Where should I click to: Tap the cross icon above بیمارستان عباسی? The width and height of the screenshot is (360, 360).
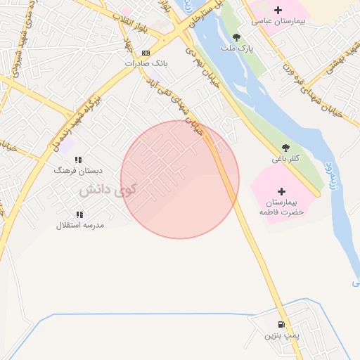pyautogui.click(x=278, y=10)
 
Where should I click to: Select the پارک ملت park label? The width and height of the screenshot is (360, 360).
pyautogui.click(x=236, y=49)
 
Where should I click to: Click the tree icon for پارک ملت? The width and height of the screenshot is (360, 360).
pyautogui.click(x=236, y=37)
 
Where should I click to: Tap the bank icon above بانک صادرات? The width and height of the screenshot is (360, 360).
pyautogui.click(x=146, y=53)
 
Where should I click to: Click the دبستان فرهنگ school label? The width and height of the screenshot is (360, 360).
pyautogui.click(x=79, y=170)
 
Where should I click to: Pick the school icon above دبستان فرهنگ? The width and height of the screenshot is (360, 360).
pyautogui.click(x=79, y=160)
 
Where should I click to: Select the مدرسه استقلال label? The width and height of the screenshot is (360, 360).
pyautogui.click(x=80, y=225)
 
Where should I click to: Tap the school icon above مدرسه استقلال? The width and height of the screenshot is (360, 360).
pyautogui.click(x=79, y=214)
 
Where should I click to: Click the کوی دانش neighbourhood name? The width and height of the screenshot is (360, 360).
pyautogui.click(x=106, y=191)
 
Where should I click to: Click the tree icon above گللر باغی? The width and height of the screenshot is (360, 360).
pyautogui.click(x=285, y=148)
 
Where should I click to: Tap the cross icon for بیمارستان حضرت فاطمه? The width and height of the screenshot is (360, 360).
pyautogui.click(x=282, y=191)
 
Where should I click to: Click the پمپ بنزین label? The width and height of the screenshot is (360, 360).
pyautogui.click(x=282, y=336)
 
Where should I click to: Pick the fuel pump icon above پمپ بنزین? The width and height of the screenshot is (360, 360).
pyautogui.click(x=282, y=325)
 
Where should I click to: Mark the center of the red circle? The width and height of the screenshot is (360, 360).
pyautogui.click(x=180, y=180)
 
